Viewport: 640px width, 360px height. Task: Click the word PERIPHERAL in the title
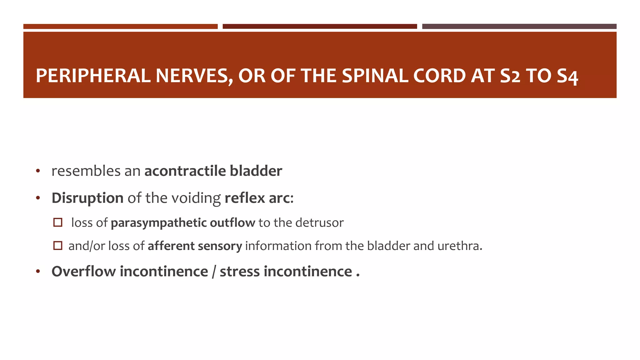click(93, 76)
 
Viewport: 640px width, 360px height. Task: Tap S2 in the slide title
click(510, 76)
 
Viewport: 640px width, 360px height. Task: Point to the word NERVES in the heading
click(194, 76)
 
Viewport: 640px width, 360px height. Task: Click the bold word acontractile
click(185, 171)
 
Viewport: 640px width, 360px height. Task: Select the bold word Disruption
click(87, 198)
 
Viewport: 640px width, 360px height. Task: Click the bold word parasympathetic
click(158, 223)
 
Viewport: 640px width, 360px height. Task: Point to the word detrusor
click(319, 223)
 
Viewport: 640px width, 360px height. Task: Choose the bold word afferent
click(171, 246)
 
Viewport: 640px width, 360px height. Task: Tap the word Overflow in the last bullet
click(83, 271)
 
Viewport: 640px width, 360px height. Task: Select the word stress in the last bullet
click(240, 271)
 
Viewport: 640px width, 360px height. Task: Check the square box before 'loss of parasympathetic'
click(58, 222)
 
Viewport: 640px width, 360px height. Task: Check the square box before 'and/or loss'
click(58, 246)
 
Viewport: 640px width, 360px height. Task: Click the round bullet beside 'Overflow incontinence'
click(38, 272)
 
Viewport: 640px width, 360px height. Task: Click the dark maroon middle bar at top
click(320, 27)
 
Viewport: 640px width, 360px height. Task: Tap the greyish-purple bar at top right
click(519, 27)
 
